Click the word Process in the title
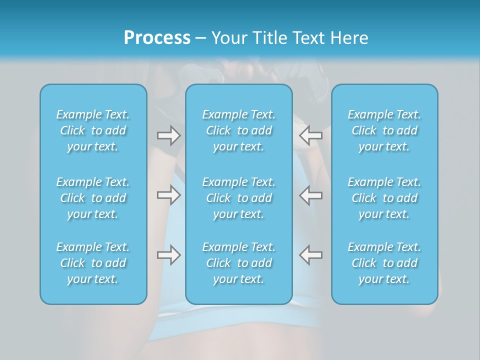157,38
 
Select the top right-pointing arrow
168,135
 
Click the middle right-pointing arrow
168,195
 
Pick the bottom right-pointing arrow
168,254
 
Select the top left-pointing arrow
311,135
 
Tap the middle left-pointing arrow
311,195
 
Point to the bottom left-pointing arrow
311,254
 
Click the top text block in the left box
93,130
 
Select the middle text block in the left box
93,198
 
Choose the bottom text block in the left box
93,263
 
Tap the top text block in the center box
238,130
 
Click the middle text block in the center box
238,198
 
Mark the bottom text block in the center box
238,263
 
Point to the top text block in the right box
384,130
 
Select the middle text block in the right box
384,198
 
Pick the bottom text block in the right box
384,263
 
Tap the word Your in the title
228,38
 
